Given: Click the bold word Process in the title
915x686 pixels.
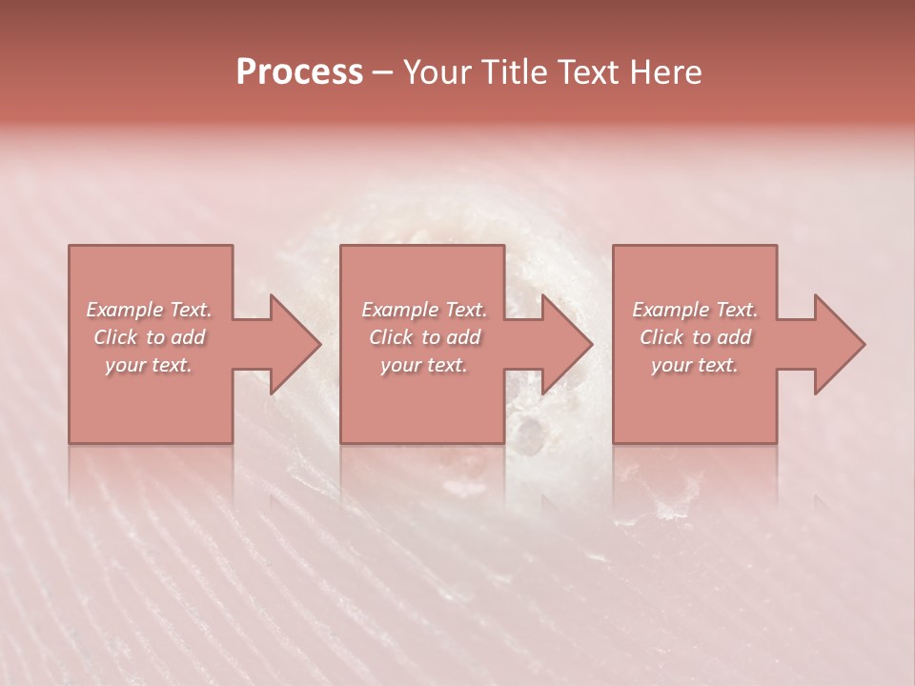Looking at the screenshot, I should [299, 72].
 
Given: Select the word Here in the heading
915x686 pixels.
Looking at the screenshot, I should [664, 72].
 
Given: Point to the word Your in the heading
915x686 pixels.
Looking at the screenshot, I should [436, 72].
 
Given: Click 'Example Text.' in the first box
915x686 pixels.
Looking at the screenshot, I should [150, 310].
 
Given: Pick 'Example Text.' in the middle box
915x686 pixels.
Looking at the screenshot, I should [424, 310].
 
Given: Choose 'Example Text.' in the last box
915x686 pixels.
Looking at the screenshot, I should [695, 310].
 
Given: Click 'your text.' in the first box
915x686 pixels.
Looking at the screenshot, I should [150, 365].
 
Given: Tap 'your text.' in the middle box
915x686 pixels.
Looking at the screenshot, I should [424, 365].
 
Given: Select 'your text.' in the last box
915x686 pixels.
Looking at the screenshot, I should [695, 365].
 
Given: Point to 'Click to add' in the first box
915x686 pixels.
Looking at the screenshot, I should [150, 337].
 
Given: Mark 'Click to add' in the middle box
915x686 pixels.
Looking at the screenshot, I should [424, 337].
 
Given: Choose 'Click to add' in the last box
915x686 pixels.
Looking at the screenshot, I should [695, 337].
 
